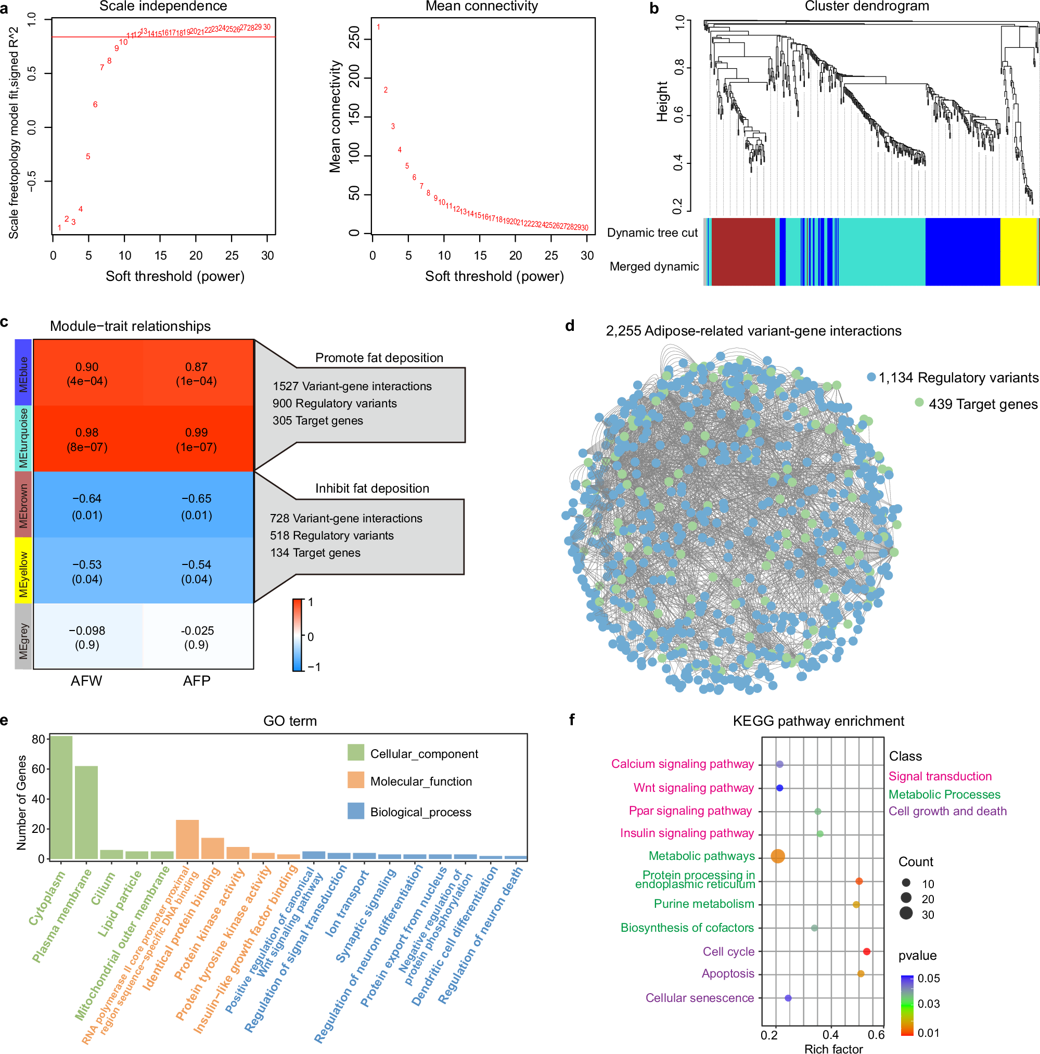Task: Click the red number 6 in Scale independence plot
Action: click(95, 104)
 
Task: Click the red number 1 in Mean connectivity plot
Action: click(378, 27)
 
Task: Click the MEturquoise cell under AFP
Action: click(197, 439)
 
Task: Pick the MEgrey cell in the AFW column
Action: click(87, 637)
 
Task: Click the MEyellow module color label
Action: click(23, 570)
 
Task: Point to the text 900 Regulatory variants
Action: click(335, 403)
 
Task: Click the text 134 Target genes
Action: click(315, 552)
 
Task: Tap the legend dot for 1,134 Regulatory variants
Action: click(871, 377)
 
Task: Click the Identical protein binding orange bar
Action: click(213, 848)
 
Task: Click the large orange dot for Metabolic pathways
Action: click(778, 856)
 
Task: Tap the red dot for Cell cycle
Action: click(866, 952)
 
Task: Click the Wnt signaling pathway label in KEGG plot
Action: click(693, 788)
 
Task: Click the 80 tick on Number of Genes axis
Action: click(38, 740)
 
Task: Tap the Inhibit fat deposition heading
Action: click(371, 489)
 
